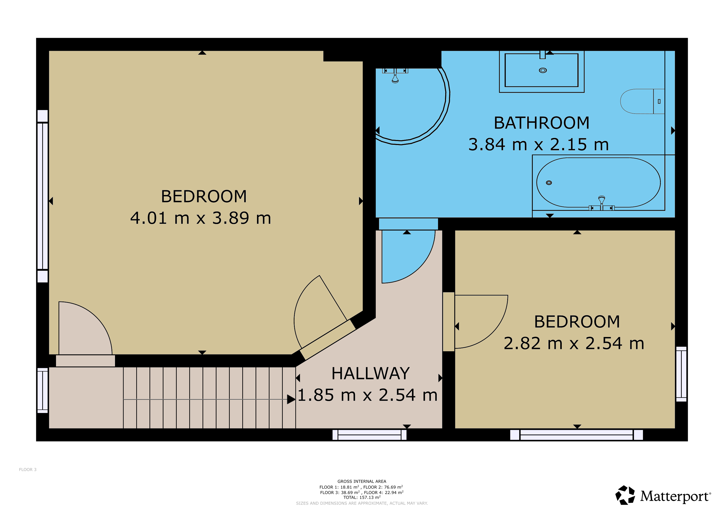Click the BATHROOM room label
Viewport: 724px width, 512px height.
541,123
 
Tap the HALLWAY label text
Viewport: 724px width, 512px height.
370,373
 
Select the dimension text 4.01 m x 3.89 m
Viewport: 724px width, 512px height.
201,218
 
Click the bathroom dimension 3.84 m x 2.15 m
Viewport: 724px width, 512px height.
538,144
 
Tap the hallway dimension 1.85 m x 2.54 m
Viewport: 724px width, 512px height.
367,395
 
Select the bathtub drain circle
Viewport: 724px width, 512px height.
549,183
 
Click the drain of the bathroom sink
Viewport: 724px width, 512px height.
543,70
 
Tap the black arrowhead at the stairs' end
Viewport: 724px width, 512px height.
291,399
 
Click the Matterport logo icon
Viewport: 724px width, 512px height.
625,495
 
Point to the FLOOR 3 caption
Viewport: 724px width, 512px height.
28,469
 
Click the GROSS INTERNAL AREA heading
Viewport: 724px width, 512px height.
362,481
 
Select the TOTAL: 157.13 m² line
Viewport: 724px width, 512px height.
362,497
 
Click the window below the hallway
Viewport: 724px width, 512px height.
369,435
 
